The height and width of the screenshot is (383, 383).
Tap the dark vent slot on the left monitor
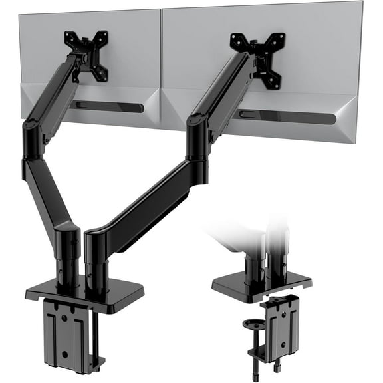110,106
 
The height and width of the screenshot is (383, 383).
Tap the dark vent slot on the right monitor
286,117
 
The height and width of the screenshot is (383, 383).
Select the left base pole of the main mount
68,253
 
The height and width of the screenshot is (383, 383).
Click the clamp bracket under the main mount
66,332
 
